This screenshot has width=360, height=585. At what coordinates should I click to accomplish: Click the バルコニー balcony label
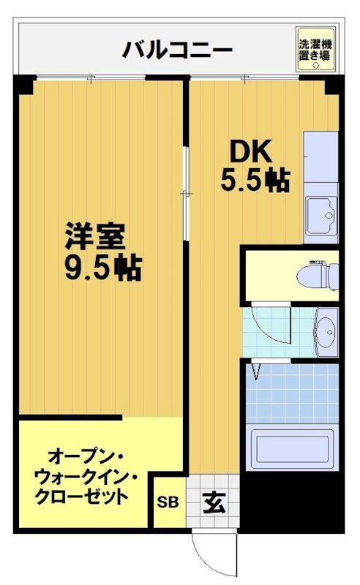point(177,50)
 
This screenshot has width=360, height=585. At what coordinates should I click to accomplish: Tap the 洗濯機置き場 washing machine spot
point(314,49)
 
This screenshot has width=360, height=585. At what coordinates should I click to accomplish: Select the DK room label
point(252,151)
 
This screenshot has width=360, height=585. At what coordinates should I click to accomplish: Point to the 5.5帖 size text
point(255,179)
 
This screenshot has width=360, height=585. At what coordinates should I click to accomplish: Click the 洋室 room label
point(95,237)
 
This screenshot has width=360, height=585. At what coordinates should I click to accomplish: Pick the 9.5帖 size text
point(102,268)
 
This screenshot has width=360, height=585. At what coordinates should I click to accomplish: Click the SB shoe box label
point(168,502)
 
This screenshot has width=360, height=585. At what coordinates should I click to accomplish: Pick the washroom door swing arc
point(269,325)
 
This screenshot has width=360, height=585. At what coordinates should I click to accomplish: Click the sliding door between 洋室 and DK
point(186,193)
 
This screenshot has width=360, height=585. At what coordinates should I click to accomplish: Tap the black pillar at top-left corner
point(24,86)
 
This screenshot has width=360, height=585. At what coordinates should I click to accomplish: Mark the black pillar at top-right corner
point(333,85)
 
